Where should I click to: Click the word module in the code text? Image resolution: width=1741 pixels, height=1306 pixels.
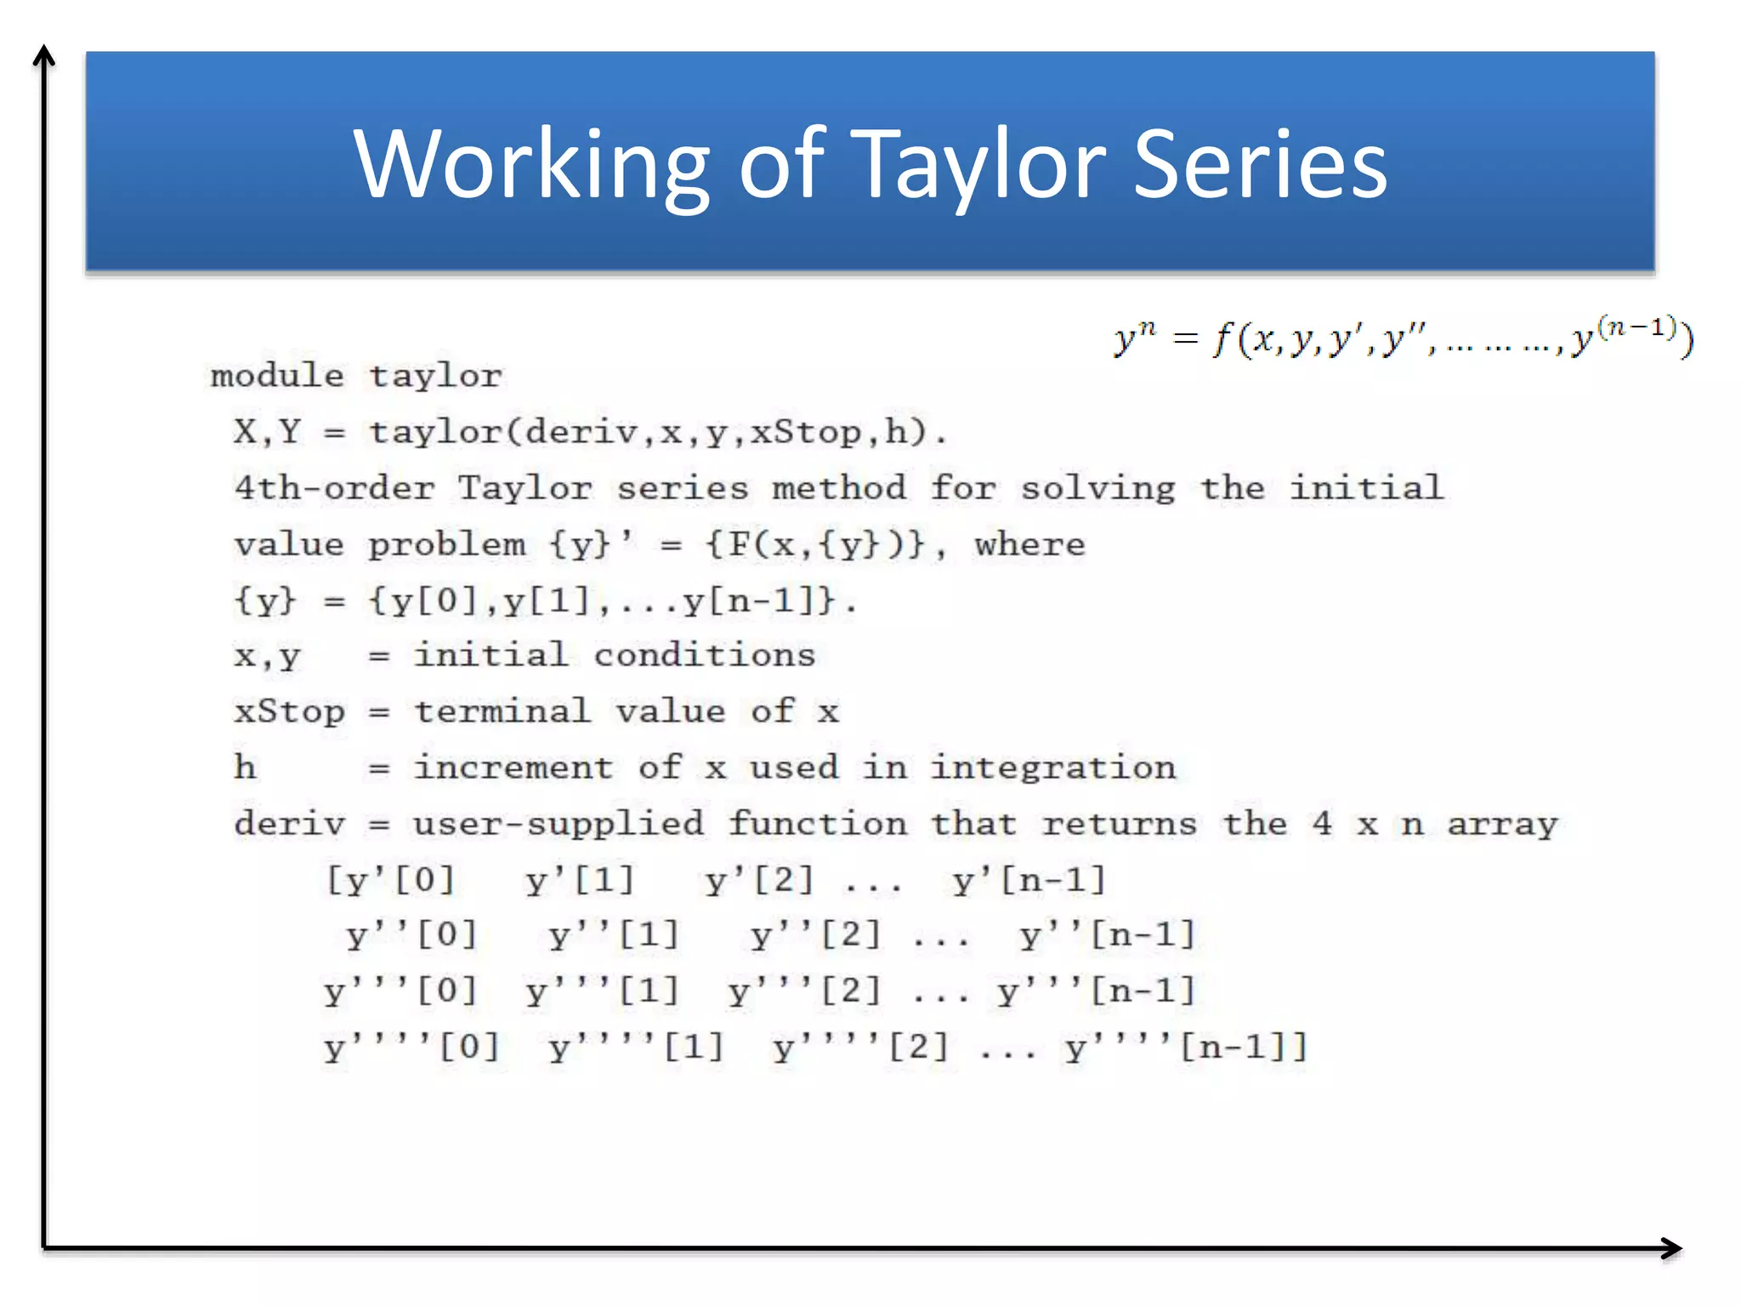click(277, 376)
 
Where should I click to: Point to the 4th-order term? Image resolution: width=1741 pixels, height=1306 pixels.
click(334, 488)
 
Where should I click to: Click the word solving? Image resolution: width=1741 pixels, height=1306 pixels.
click(1097, 488)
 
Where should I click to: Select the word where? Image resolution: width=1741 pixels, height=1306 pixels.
click(1029, 544)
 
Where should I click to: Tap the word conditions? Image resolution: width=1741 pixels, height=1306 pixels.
click(704, 656)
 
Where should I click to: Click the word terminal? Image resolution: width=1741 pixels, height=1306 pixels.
click(502, 712)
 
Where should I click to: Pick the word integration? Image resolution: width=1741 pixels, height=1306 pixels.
click(1052, 768)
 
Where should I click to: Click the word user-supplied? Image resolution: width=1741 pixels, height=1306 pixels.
click(559, 824)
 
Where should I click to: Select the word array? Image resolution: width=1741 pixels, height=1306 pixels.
click(1502, 824)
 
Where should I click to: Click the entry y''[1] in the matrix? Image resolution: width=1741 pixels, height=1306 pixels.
click(614, 936)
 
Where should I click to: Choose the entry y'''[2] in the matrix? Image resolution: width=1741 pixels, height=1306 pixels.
click(804, 991)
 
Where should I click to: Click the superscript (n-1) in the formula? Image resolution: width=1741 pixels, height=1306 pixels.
click(1636, 326)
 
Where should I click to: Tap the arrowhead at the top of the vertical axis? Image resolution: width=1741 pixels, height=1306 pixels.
click(43, 55)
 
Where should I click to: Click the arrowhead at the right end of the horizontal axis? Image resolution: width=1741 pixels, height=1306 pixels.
click(1673, 1247)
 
